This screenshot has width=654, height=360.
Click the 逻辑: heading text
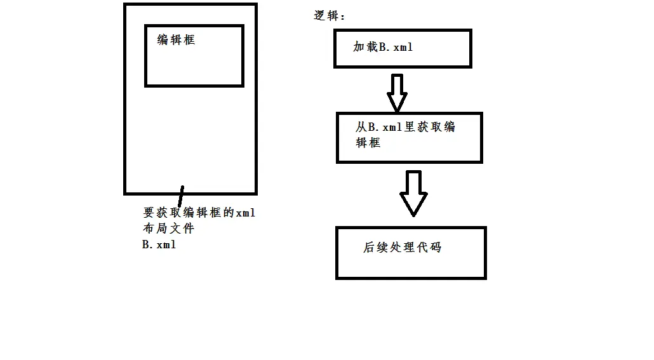pos(329,16)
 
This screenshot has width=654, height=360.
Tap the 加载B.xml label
pos(383,47)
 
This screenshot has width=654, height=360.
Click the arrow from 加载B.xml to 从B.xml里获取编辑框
pos(397,91)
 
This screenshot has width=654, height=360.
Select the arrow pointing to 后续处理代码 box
pos(413,192)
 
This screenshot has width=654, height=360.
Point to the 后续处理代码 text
pos(402,248)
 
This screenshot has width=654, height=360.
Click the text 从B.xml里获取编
pos(405,127)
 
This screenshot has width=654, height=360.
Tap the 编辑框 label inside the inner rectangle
pos(176,40)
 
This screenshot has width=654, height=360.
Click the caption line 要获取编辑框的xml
pos(199,213)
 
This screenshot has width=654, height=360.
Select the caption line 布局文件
pos(168,228)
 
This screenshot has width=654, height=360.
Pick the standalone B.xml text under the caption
pos(159,244)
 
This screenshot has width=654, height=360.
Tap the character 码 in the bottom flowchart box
pos(435,248)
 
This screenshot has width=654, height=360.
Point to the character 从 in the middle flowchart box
pos(361,127)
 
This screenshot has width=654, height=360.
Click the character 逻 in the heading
pos(321,16)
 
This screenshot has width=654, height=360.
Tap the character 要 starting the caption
pos(149,213)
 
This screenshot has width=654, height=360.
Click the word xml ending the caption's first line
pos(245,213)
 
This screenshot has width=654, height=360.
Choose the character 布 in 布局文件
pos(149,228)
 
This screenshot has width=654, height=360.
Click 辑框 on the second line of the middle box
pos(368,143)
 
